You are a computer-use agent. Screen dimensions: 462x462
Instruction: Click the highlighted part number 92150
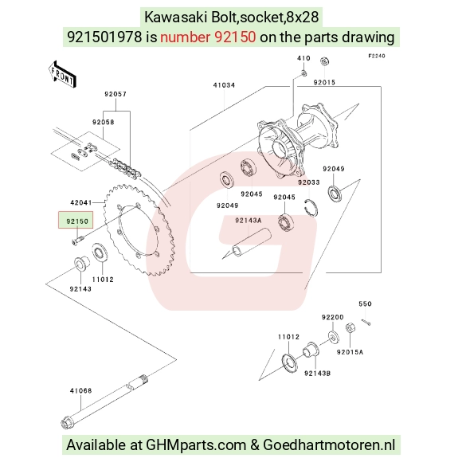(x=77, y=221)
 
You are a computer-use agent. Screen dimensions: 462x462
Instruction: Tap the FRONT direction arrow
(x=62, y=75)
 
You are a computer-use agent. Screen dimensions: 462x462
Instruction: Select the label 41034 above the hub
(x=224, y=85)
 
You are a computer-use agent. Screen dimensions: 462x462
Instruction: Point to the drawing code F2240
(x=377, y=56)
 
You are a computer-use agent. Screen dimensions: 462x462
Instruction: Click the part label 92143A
(x=248, y=221)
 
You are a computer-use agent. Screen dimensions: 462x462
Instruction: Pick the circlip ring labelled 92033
(x=311, y=208)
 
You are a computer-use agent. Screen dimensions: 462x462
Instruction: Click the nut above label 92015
(x=324, y=61)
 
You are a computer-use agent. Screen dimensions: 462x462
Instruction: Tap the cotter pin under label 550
(x=366, y=323)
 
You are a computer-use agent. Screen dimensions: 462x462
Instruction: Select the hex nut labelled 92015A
(x=350, y=328)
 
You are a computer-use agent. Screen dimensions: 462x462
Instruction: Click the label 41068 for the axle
(x=80, y=390)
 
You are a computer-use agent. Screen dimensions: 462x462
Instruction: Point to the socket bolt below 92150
(x=78, y=239)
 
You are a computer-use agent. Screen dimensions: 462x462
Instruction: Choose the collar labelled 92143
(x=81, y=264)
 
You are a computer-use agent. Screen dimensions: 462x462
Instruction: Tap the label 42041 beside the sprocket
(x=81, y=202)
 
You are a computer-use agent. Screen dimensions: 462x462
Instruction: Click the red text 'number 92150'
(x=208, y=37)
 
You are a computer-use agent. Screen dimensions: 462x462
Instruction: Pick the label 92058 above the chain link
(x=103, y=122)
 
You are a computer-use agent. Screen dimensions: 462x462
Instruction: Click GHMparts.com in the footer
(x=196, y=444)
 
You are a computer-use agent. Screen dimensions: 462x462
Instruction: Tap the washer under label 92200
(x=333, y=337)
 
